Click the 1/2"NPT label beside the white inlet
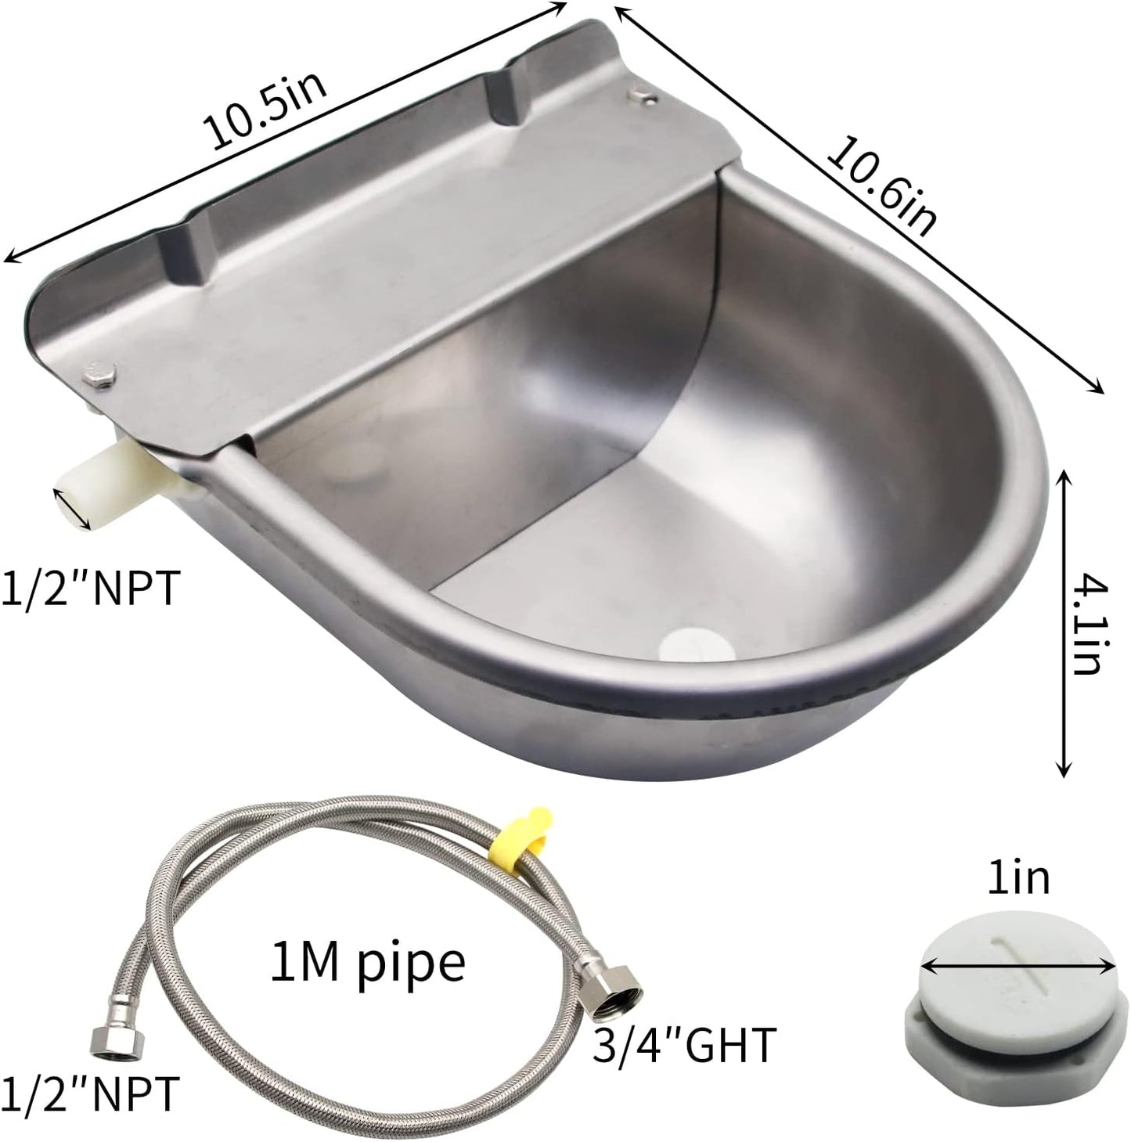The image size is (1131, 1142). [91, 589]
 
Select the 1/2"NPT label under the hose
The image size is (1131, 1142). [91, 1094]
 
